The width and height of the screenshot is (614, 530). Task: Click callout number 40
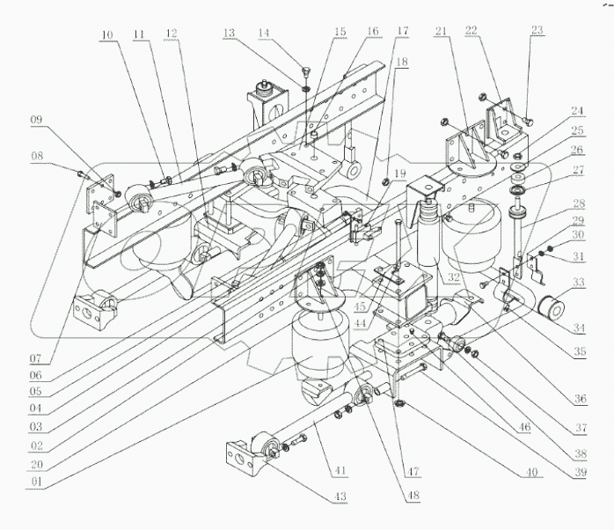coord(531,472)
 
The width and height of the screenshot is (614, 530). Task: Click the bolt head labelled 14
coord(304,71)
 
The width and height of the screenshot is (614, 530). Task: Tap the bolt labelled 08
coord(80,173)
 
